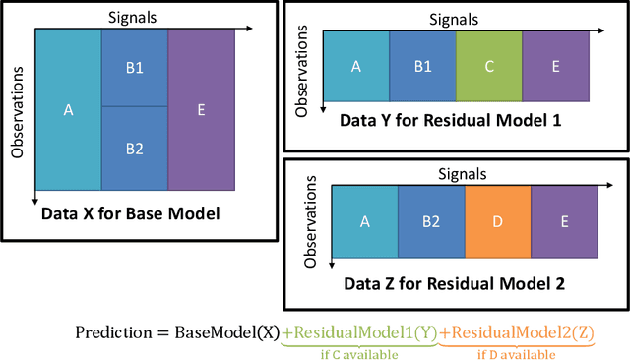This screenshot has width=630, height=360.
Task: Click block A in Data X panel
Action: [68, 109]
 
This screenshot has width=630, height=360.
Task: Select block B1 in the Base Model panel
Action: [134, 68]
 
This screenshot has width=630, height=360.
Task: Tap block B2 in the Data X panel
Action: [134, 149]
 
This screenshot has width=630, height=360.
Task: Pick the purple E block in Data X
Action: [201, 109]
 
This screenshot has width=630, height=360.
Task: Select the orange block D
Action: [497, 221]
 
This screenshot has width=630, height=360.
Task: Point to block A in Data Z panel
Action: [364, 221]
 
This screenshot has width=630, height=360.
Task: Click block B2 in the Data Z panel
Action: [430, 221]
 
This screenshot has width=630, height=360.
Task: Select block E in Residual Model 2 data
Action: [563, 221]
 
